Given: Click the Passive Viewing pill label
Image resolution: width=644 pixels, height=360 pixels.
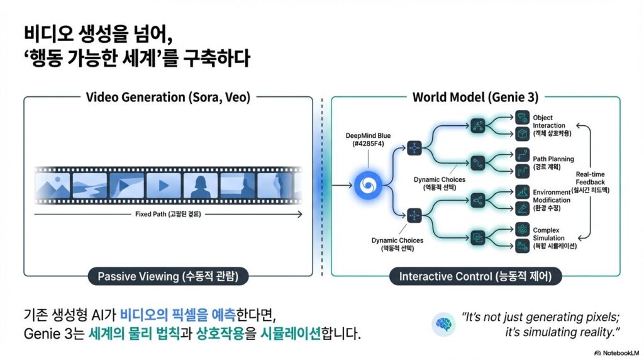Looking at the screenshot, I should (x=168, y=276).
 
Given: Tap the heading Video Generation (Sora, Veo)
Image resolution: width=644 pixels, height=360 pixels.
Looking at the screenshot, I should (x=168, y=98).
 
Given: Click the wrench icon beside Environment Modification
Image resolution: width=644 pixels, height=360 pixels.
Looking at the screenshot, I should (x=521, y=207).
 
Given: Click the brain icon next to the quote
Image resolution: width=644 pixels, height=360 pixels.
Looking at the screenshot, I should (x=443, y=323).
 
